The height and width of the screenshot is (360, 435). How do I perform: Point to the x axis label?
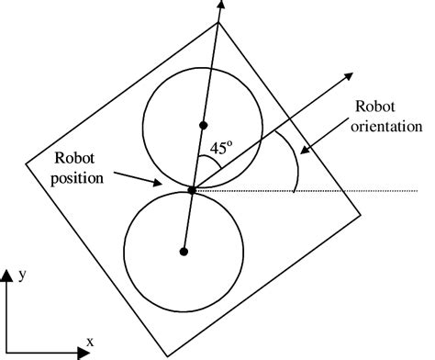click(x=90, y=342)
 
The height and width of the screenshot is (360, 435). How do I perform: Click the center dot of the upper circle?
click(x=204, y=123)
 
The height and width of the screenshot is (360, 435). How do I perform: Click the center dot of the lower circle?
click(x=184, y=251)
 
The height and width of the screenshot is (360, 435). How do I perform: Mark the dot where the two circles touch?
click(x=192, y=189)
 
